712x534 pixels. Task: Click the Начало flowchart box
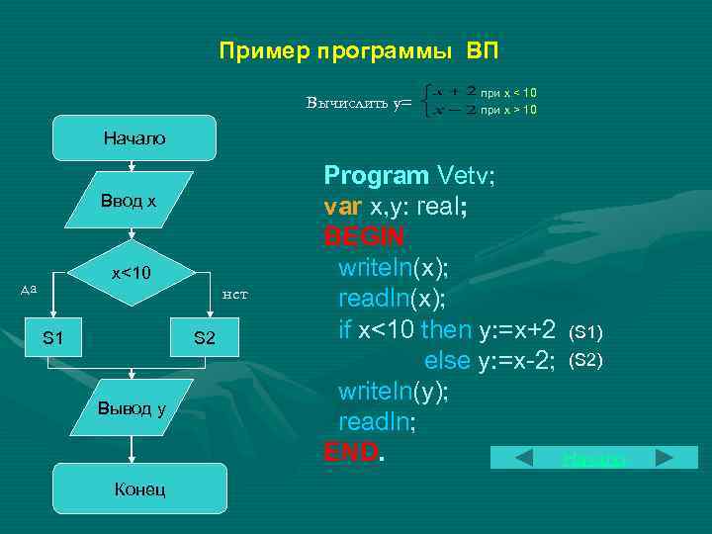tap(134, 138)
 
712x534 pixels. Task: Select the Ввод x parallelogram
tap(129, 202)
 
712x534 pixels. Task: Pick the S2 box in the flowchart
tap(205, 338)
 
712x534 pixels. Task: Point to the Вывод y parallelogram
tap(131, 408)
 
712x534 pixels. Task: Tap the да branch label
tap(29, 289)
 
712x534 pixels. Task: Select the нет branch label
tap(234, 294)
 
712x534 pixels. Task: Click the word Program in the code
tap(376, 177)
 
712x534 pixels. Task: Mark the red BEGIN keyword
tap(363, 238)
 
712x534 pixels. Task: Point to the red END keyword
tap(351, 452)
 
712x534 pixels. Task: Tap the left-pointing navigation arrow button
tap(511, 458)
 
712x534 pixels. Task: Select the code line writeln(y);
tap(394, 392)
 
